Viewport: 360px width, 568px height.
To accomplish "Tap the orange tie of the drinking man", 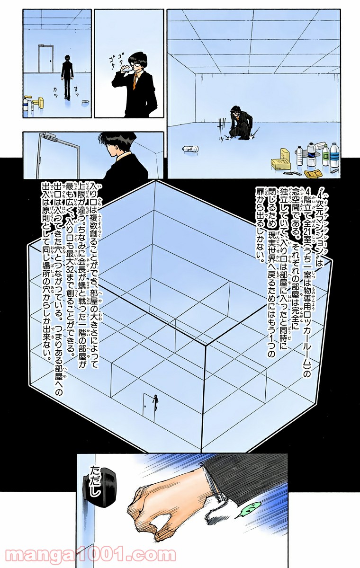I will [136, 81].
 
